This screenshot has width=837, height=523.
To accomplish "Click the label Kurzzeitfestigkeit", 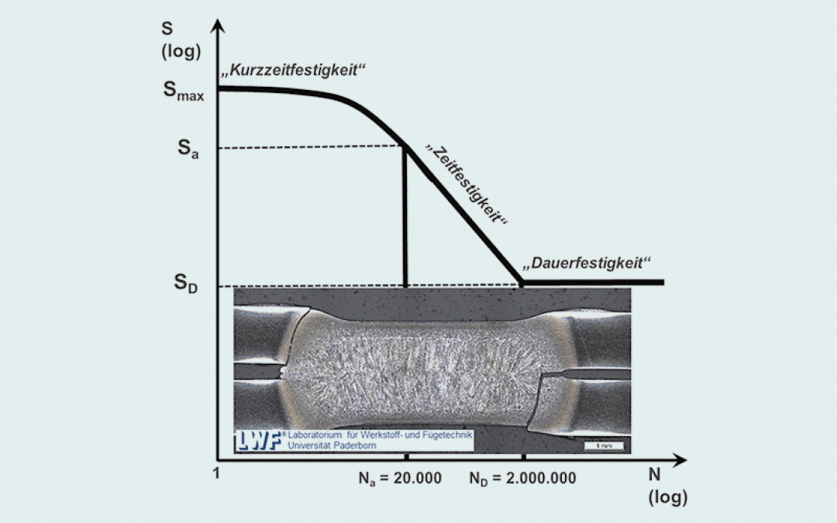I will coord(292,71).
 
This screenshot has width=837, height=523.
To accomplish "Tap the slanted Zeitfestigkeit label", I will coord(467,184).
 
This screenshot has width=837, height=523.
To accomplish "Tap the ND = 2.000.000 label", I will coord(522,477).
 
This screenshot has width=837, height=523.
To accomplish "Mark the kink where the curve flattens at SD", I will coord(522,281).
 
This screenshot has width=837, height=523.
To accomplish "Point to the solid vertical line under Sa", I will coord(405,217).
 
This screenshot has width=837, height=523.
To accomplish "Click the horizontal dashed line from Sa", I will coord(310,148).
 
